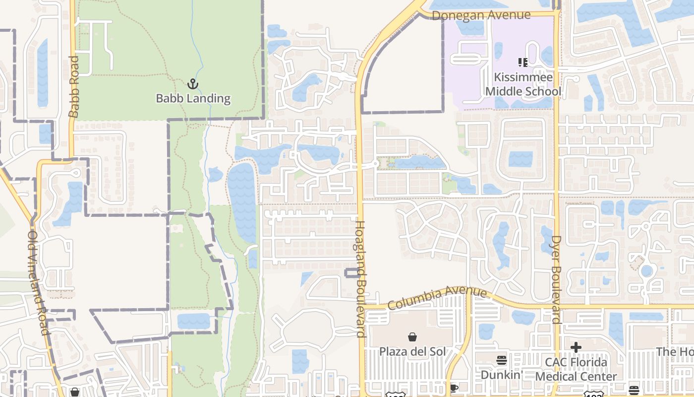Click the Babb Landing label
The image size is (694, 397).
point(193,98)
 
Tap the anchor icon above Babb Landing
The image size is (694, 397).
point(193,84)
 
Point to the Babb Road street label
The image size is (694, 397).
point(74,87)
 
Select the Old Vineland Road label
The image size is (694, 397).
point(39,282)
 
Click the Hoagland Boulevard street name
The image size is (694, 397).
point(360,279)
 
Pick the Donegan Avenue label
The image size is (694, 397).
point(481,15)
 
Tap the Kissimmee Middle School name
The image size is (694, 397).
point(523,84)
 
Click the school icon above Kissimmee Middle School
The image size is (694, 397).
point(522,63)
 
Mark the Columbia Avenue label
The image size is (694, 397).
point(438,297)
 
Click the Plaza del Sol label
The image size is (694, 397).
point(412,351)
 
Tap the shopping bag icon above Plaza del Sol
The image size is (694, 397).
point(412,337)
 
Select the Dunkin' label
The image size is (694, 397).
point(502,375)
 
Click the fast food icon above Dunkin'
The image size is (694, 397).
point(502,360)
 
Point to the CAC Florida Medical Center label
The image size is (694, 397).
point(576,369)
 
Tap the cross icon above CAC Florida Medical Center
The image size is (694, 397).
point(576,347)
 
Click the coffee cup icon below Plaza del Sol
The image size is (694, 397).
point(453,388)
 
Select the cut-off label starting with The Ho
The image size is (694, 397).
point(675,352)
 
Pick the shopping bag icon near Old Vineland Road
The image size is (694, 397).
point(75,392)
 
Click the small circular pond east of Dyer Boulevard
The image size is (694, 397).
point(646,271)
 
